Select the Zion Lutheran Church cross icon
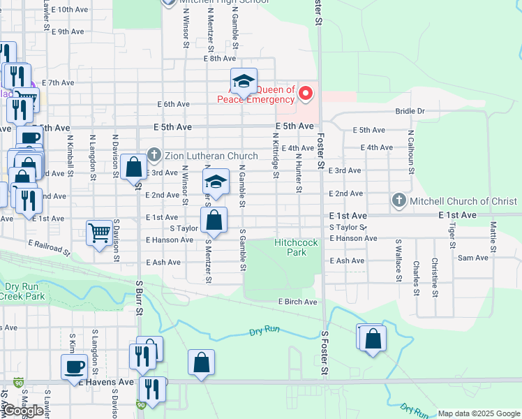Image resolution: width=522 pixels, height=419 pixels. pyautogui.click(x=154, y=155)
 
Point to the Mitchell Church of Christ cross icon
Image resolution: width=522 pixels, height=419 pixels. pyautogui.click(x=398, y=201)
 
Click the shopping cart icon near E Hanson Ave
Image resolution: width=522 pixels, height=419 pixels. pyautogui.click(x=100, y=233)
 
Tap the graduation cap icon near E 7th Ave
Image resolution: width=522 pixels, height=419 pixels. pyautogui.click(x=244, y=81)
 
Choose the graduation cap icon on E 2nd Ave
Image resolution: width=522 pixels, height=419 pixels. pyautogui.click(x=216, y=182)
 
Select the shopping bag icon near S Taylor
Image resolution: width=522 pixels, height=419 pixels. pyautogui.click(x=215, y=221)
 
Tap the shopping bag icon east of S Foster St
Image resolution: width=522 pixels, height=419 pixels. pyautogui.click(x=374, y=338)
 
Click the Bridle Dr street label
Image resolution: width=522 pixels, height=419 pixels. pyautogui.click(x=410, y=111)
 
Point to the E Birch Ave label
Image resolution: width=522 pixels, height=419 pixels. pyautogui.click(x=298, y=302)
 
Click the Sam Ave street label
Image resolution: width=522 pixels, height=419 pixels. pyautogui.click(x=473, y=258)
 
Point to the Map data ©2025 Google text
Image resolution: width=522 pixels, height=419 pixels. pyautogui.click(x=479, y=413)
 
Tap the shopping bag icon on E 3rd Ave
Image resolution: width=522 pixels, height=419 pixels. pyautogui.click(x=133, y=168)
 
